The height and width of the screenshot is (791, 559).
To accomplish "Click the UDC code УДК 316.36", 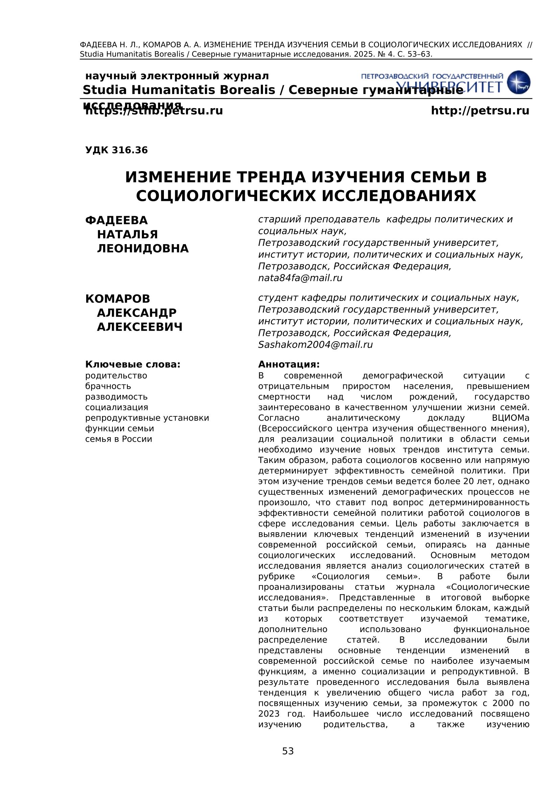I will click(116, 150).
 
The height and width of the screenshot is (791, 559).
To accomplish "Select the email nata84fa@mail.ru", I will click(300, 278).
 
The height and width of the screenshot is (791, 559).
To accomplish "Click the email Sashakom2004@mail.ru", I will click(315, 345).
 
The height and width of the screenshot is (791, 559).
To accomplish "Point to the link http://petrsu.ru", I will click(480, 111).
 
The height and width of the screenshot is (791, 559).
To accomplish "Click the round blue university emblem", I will click(519, 82).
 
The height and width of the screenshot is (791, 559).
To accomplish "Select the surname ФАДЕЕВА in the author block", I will click(116, 220).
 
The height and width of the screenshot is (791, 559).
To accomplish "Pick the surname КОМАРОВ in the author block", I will click(118, 299).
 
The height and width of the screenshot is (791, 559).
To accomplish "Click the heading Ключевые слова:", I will click(133, 365).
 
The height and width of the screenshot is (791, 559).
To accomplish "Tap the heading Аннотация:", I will click(289, 365).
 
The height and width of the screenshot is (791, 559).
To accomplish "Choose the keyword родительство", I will click(116, 376).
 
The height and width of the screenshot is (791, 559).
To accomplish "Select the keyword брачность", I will click(108, 386).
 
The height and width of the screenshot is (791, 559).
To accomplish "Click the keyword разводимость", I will click(116, 397).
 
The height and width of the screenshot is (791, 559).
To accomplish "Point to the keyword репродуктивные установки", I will click(147, 418).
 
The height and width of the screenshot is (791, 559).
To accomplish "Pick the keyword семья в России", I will click(118, 439).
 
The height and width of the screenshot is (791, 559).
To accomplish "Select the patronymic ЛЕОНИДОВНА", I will click(143, 249).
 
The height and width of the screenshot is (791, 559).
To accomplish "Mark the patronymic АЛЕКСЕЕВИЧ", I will click(140, 327).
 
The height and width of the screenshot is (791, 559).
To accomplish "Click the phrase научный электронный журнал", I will click(177, 76).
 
